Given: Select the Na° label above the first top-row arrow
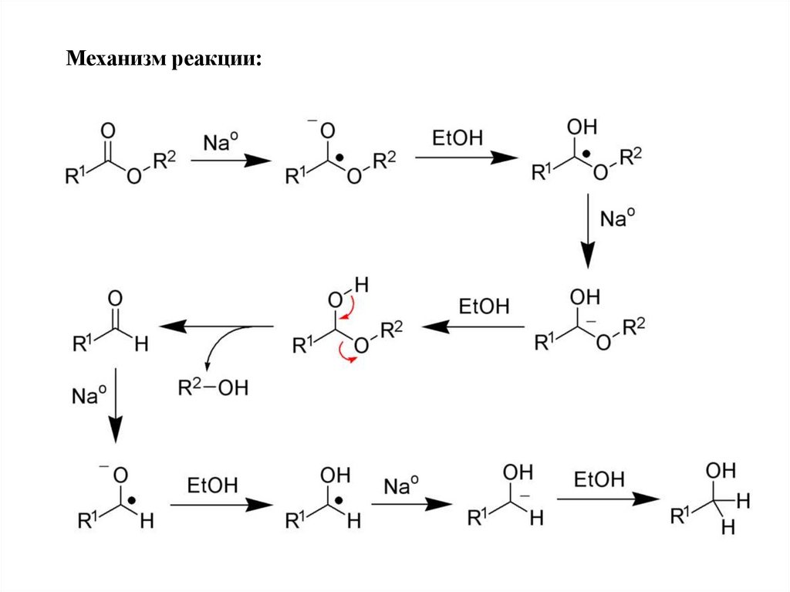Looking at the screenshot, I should pos(221,143).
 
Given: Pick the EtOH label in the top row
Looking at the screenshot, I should pos(457,139).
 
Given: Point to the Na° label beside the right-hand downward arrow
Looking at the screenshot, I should pos(618,219).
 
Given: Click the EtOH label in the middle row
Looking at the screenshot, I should pos(484,306).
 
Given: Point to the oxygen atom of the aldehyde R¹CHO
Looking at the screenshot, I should pos(115,297).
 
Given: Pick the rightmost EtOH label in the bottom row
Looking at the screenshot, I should pos(599,480).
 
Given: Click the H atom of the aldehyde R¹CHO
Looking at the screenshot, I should pos(140,347).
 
